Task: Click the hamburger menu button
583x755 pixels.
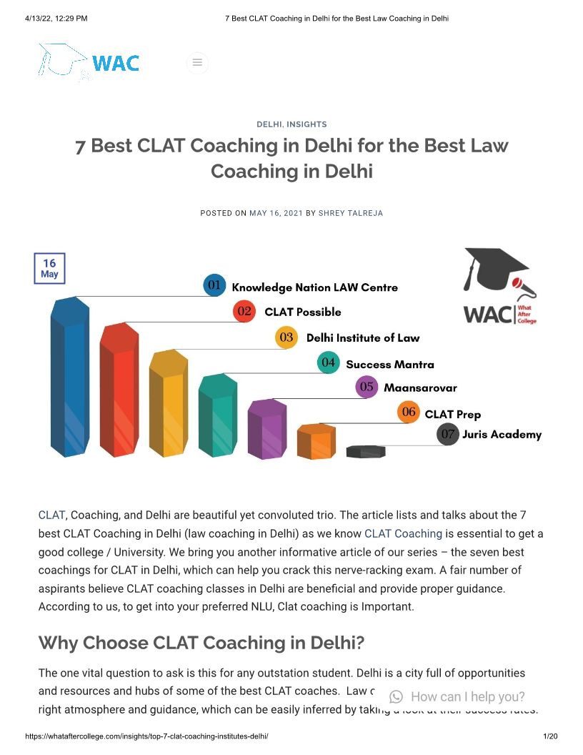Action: click(x=197, y=63)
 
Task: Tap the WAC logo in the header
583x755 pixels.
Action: click(x=89, y=62)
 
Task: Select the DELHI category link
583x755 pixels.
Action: click(x=269, y=124)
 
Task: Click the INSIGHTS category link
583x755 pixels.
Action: click(x=307, y=124)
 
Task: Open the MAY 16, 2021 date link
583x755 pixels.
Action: click(x=276, y=213)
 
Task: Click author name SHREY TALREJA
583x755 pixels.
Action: click(x=350, y=213)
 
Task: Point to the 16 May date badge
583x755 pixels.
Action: click(x=49, y=269)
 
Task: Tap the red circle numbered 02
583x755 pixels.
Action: click(x=244, y=311)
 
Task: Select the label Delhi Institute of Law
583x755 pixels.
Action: click(x=363, y=337)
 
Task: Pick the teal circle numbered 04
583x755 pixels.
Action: click(x=328, y=362)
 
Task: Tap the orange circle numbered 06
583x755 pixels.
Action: click(x=409, y=413)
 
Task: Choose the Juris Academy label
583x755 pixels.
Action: click(x=502, y=434)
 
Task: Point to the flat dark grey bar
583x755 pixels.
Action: click(x=366, y=451)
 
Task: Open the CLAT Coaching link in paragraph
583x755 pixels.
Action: click(x=403, y=533)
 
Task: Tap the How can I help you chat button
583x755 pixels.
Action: click(x=457, y=696)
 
